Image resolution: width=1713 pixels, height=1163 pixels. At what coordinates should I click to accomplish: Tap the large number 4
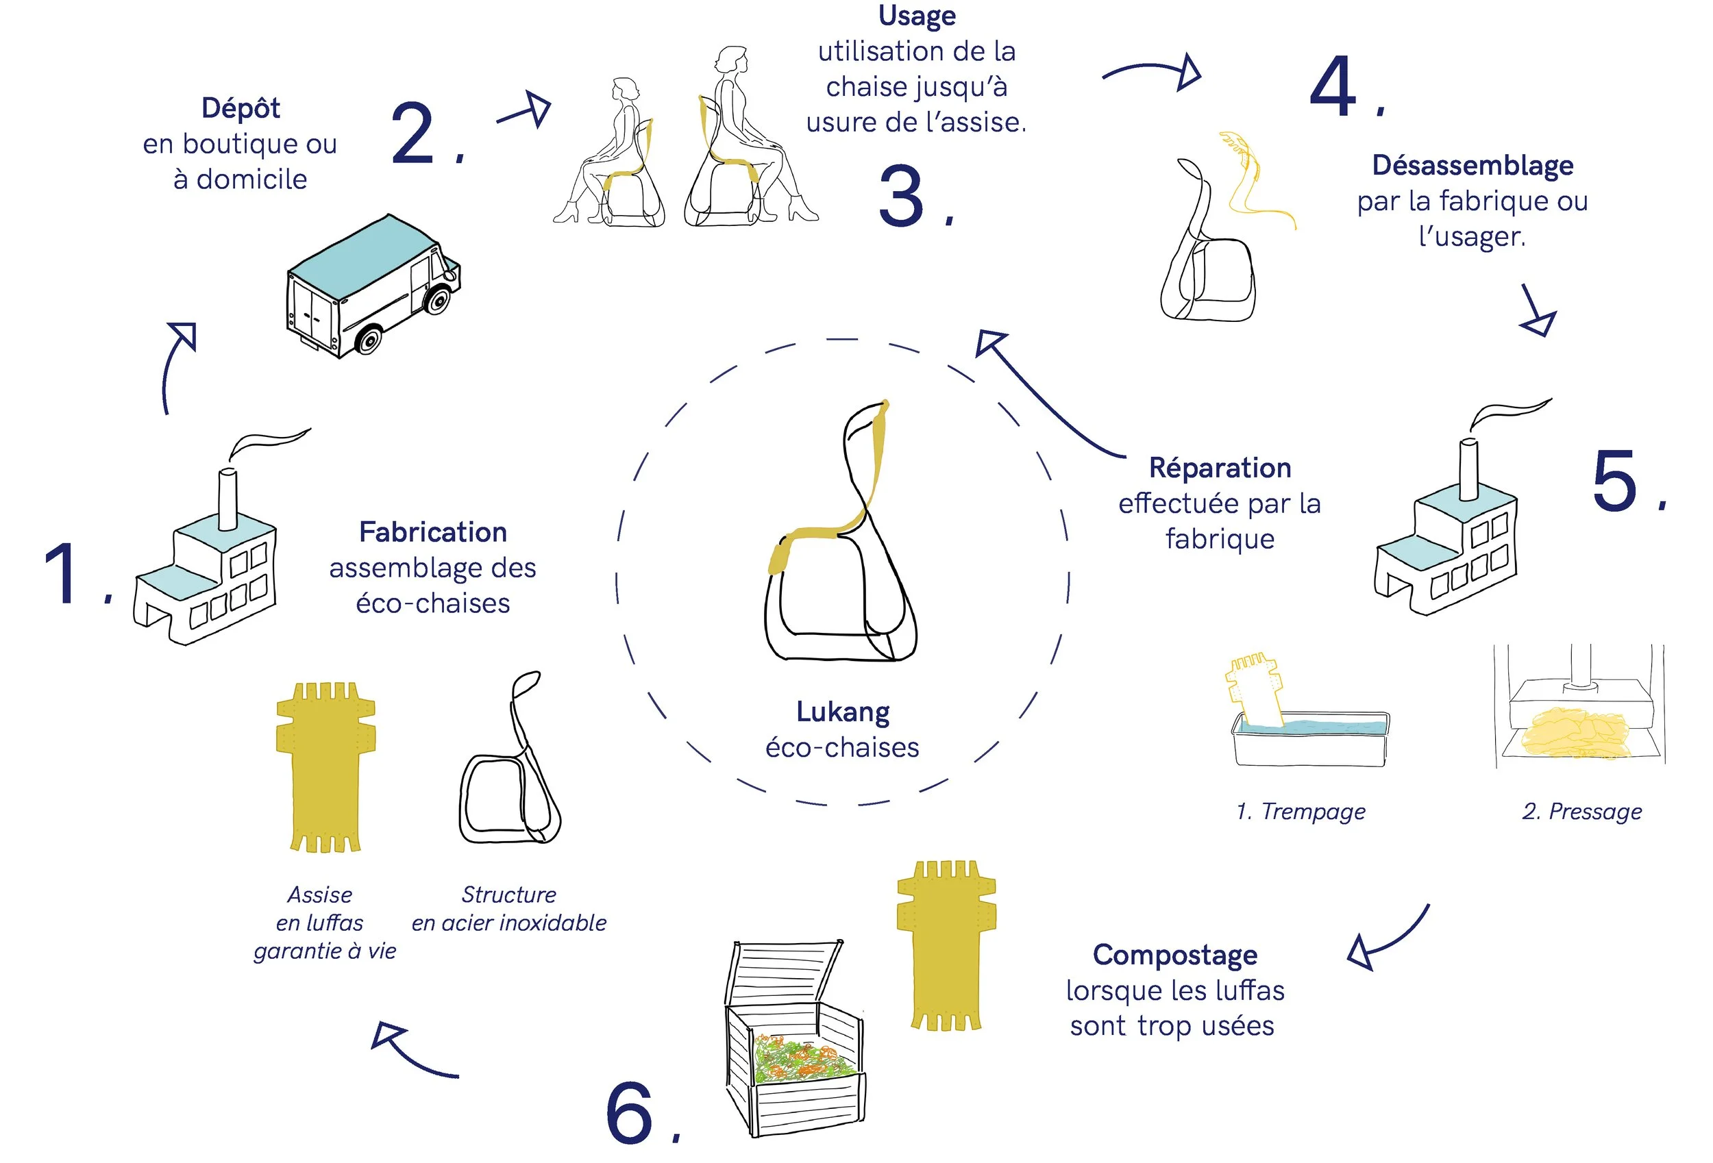coord(1333,86)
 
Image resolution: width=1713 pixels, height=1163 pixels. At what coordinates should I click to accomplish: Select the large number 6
coord(630,1113)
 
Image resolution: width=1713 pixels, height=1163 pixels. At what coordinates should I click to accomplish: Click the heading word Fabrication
coord(432,532)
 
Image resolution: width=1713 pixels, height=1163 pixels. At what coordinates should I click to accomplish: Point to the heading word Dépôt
coord(241,108)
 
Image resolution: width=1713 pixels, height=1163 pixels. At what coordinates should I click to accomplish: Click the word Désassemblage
coord(1472,166)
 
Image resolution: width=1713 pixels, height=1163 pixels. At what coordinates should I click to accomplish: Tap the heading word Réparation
coord(1220,468)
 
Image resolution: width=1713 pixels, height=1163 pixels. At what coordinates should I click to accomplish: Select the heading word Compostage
coord(1175,955)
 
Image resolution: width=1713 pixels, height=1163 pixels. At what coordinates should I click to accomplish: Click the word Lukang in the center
coord(843,712)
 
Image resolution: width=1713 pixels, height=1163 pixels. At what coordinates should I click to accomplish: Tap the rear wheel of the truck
coord(368,340)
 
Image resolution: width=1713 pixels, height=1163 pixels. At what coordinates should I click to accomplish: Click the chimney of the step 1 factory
coord(227,498)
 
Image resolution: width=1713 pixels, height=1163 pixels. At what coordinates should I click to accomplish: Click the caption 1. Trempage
coord(1301,812)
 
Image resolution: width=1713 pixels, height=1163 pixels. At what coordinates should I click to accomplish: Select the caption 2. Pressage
coord(1582,812)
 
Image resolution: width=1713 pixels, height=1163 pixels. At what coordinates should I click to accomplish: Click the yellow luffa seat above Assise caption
coord(325,766)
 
